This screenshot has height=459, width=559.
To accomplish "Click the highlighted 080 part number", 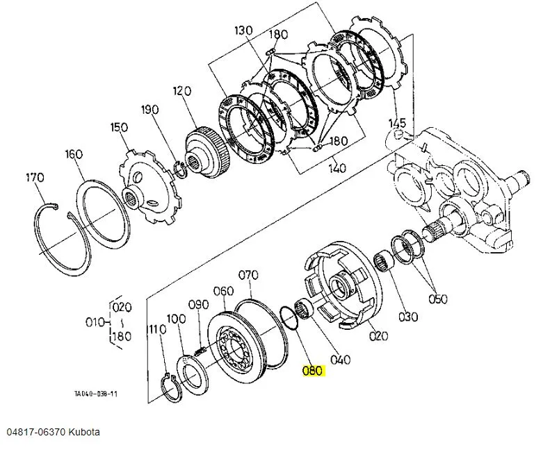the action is pyautogui.click(x=314, y=371).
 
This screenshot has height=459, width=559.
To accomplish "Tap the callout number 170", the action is pyautogui.click(x=35, y=177).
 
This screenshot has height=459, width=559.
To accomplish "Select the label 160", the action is pyautogui.click(x=74, y=154).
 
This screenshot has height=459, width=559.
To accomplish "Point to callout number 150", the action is pyautogui.click(x=119, y=127).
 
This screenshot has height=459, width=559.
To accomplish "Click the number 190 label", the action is pyautogui.click(x=149, y=109).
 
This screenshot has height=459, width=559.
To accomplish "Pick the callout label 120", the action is pyautogui.click(x=182, y=91).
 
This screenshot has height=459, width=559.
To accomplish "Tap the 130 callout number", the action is pyautogui.click(x=243, y=31).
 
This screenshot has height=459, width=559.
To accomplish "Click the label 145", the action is pyautogui.click(x=397, y=123).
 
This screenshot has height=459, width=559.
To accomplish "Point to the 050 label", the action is pyautogui.click(x=437, y=299).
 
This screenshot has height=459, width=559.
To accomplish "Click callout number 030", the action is pyautogui.click(x=408, y=317).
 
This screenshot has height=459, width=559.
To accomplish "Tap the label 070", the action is pyautogui.click(x=248, y=275).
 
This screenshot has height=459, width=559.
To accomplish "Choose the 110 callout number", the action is pyautogui.click(x=157, y=330).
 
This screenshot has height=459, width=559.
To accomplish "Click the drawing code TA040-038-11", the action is pyautogui.click(x=95, y=394).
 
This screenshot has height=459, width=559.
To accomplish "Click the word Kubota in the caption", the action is pyautogui.click(x=84, y=433).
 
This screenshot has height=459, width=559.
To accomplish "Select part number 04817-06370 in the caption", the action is pyautogui.click(x=36, y=433).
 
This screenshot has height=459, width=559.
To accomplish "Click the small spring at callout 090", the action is pyautogui.click(x=200, y=351).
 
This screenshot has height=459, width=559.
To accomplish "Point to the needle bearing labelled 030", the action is pyautogui.click(x=384, y=261).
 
